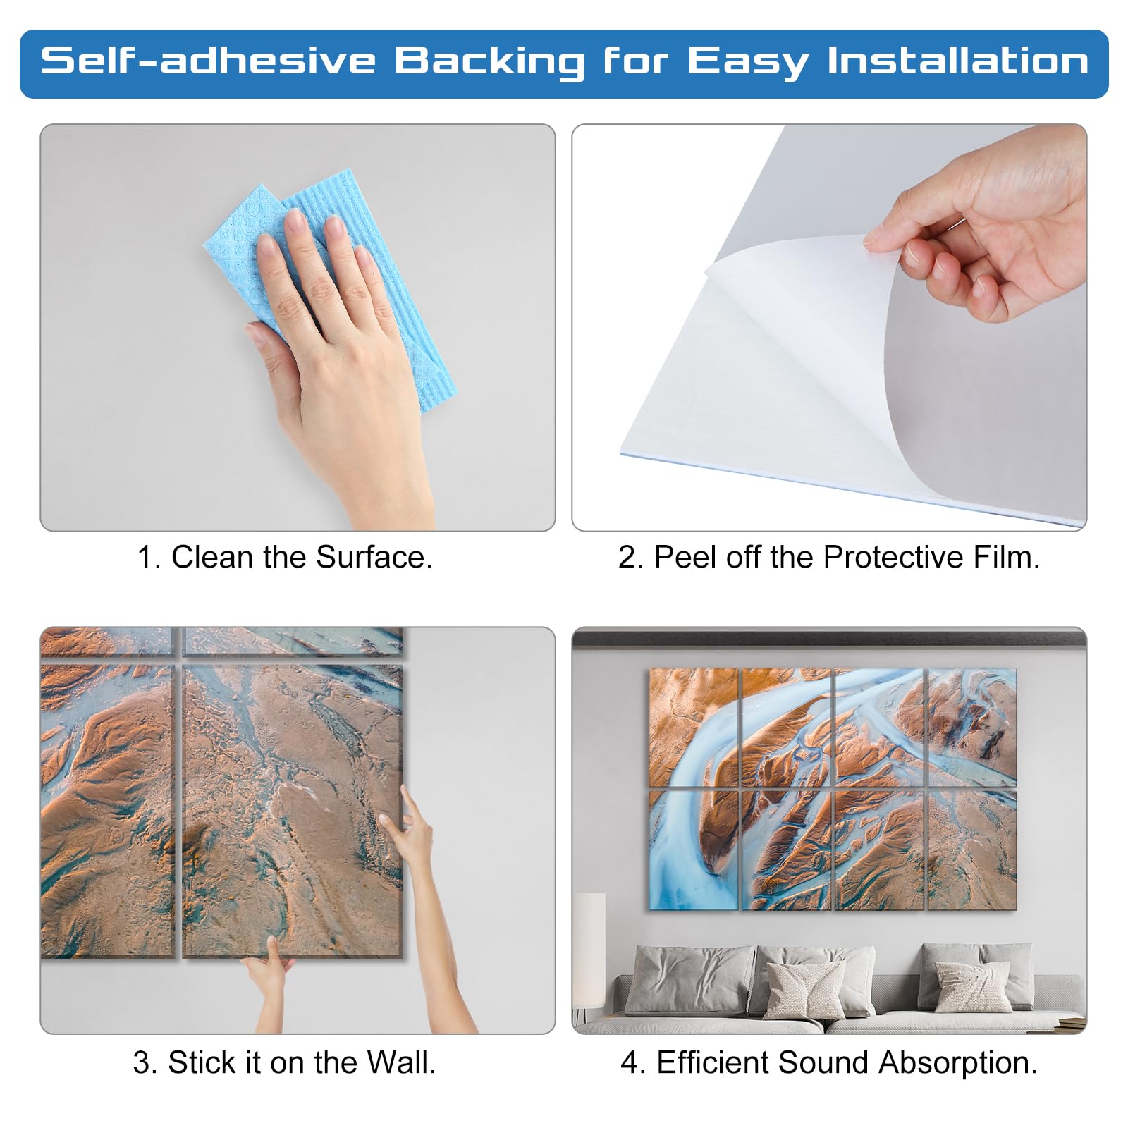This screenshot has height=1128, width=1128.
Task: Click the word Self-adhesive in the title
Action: click(209, 61)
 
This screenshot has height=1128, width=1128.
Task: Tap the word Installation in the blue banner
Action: click(958, 61)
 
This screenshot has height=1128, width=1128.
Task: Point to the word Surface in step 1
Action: click(374, 557)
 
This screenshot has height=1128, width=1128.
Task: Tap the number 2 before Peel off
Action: click(630, 557)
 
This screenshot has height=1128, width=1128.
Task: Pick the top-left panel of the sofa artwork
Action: click(693, 727)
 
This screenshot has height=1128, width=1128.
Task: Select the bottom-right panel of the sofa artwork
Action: click(971, 850)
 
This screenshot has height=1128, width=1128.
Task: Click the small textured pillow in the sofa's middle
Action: click(804, 988)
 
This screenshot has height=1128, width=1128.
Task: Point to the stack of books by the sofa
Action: click(1071, 1021)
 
